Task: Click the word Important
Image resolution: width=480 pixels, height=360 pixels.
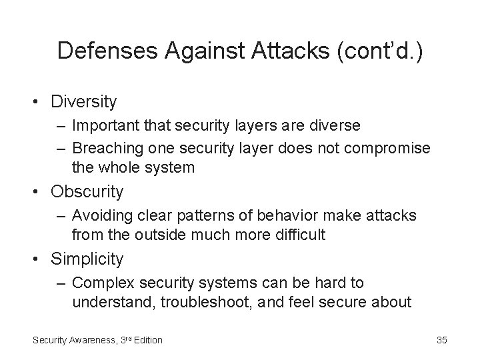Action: (101, 125)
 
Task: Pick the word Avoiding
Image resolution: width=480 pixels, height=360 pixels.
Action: (98, 215)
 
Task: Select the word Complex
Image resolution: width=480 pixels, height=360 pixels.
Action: (98, 283)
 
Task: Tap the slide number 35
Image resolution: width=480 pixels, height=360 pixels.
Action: (441, 340)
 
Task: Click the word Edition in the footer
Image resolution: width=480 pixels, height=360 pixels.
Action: (147, 340)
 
